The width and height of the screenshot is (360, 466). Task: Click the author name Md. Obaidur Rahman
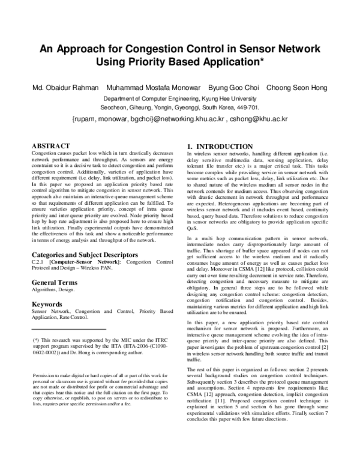65,88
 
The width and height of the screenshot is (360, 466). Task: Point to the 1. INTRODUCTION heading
220,147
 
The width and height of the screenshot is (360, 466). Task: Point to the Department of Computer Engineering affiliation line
180,98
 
